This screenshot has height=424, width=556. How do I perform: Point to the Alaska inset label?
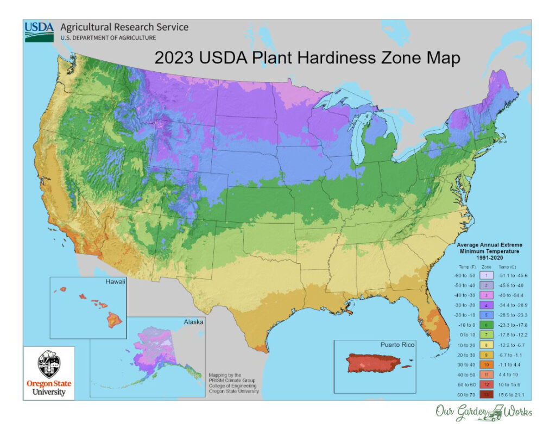pyautogui.click(x=193, y=322)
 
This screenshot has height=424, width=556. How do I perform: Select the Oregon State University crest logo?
pyautogui.click(x=49, y=364)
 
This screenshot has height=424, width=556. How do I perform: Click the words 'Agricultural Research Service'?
pyautogui.click(x=124, y=27)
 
